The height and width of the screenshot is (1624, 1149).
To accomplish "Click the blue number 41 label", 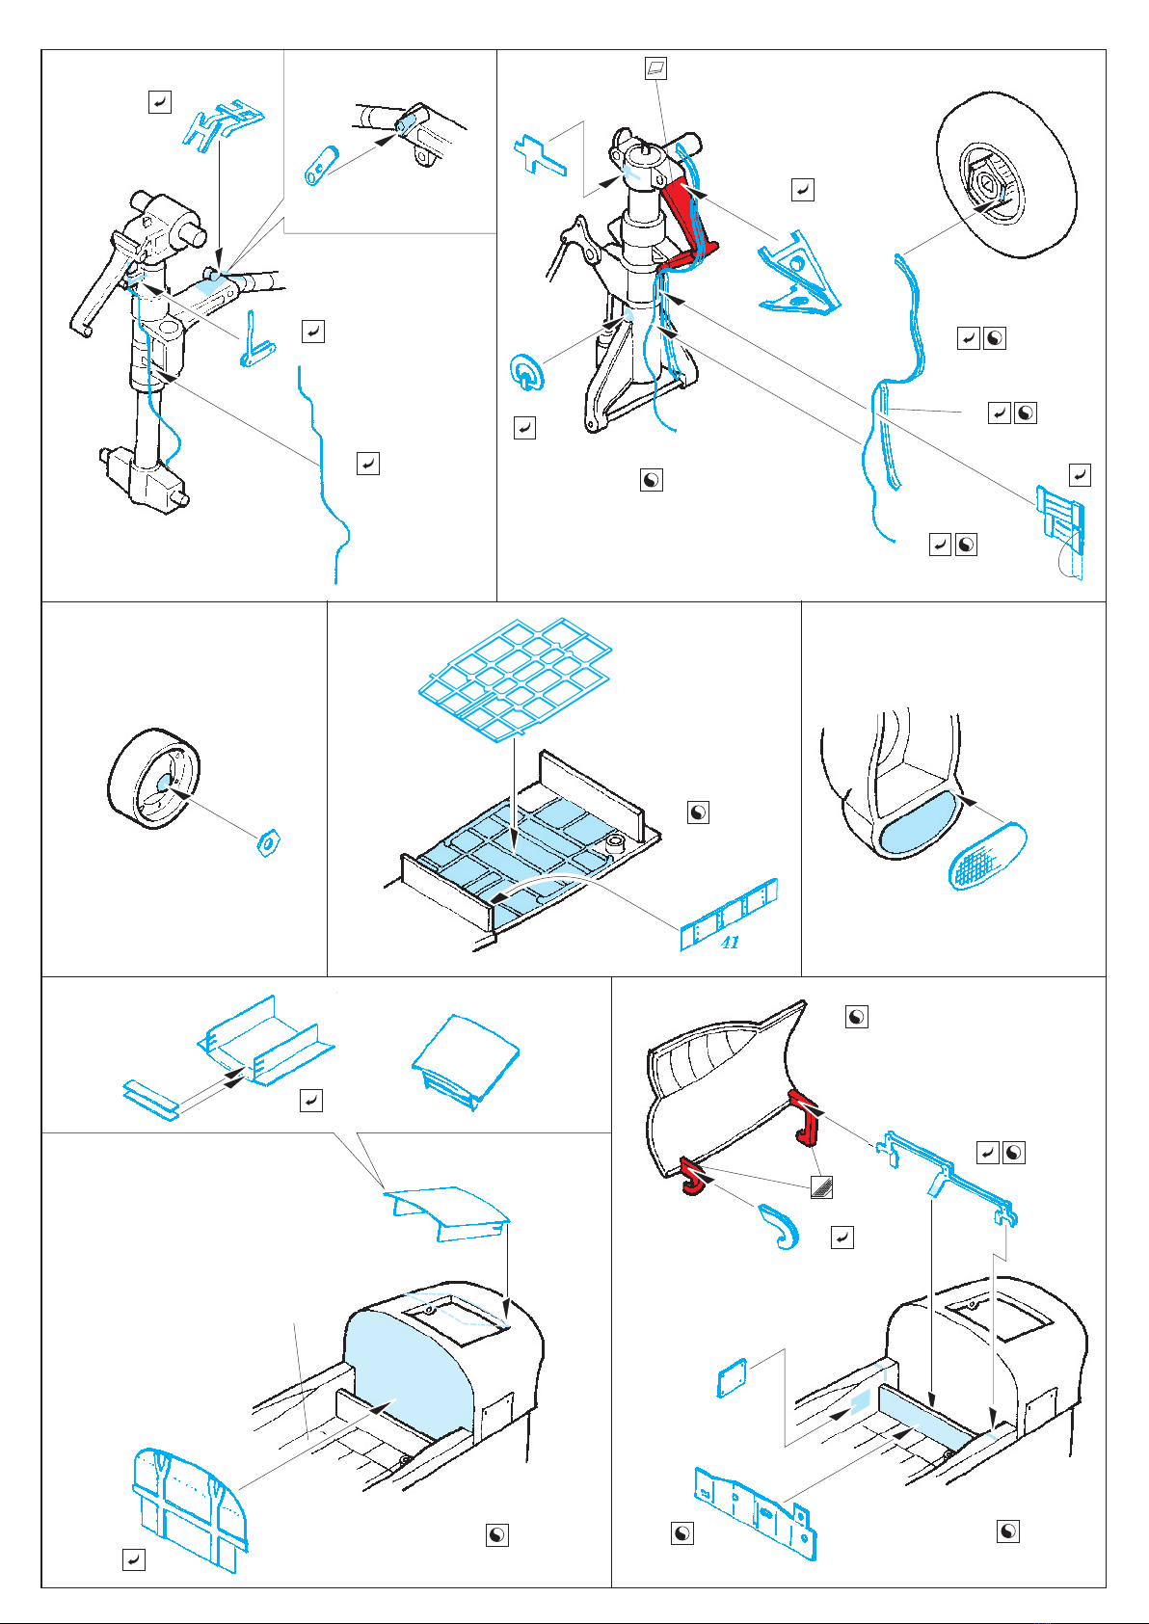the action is (x=730, y=943).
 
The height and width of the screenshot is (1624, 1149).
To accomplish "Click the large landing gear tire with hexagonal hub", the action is (x=1007, y=174).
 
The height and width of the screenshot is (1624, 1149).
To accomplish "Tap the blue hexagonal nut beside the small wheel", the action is (x=269, y=841).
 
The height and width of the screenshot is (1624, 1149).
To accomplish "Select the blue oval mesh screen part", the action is (x=987, y=856).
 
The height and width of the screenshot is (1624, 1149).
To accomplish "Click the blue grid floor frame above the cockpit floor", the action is (x=516, y=679).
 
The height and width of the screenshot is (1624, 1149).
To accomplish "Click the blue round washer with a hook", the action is (x=526, y=372).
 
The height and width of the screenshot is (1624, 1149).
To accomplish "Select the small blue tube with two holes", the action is (x=322, y=166).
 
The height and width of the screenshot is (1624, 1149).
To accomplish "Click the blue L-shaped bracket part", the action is (x=255, y=341).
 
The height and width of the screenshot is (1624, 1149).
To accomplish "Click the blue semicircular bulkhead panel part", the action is (x=191, y=1508).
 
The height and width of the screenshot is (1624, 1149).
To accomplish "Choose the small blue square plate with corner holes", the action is (x=732, y=1376).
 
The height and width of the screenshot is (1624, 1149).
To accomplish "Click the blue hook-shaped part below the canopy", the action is (x=779, y=1227).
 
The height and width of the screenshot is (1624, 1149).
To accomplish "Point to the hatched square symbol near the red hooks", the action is (x=821, y=1186).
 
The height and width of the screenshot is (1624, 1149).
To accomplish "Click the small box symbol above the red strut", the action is (x=656, y=68).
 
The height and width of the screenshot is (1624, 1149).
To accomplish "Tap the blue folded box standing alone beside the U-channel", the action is (x=467, y=1061).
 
